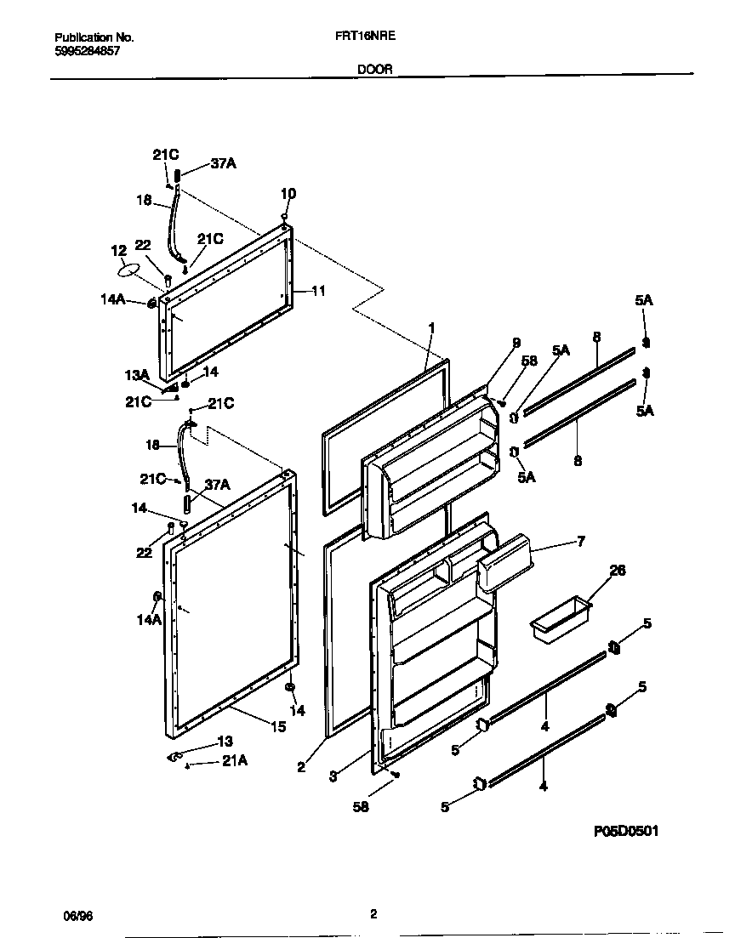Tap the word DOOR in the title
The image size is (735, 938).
(374, 71)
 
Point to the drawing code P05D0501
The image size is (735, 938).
(625, 831)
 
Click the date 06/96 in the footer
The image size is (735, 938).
(76, 916)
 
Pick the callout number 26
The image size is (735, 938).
(618, 571)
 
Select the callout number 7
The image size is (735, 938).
(581, 541)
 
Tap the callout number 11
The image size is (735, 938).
(318, 291)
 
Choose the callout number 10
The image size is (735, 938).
(288, 194)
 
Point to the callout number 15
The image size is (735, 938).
(277, 726)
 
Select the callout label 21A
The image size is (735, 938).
(234, 762)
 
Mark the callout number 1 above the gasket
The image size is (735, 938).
(431, 327)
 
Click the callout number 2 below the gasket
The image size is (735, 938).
(301, 767)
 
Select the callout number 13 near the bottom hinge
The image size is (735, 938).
(225, 741)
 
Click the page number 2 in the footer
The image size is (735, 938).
(373, 915)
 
